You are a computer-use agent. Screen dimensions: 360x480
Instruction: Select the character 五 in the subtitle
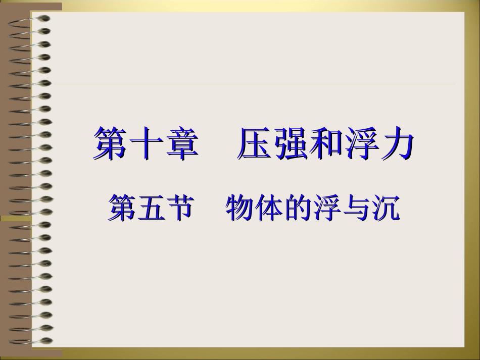coord(151,208)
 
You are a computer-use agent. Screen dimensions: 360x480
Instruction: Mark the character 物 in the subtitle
coord(241,208)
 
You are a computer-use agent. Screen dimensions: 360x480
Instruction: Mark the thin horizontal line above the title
coord(253,84)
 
